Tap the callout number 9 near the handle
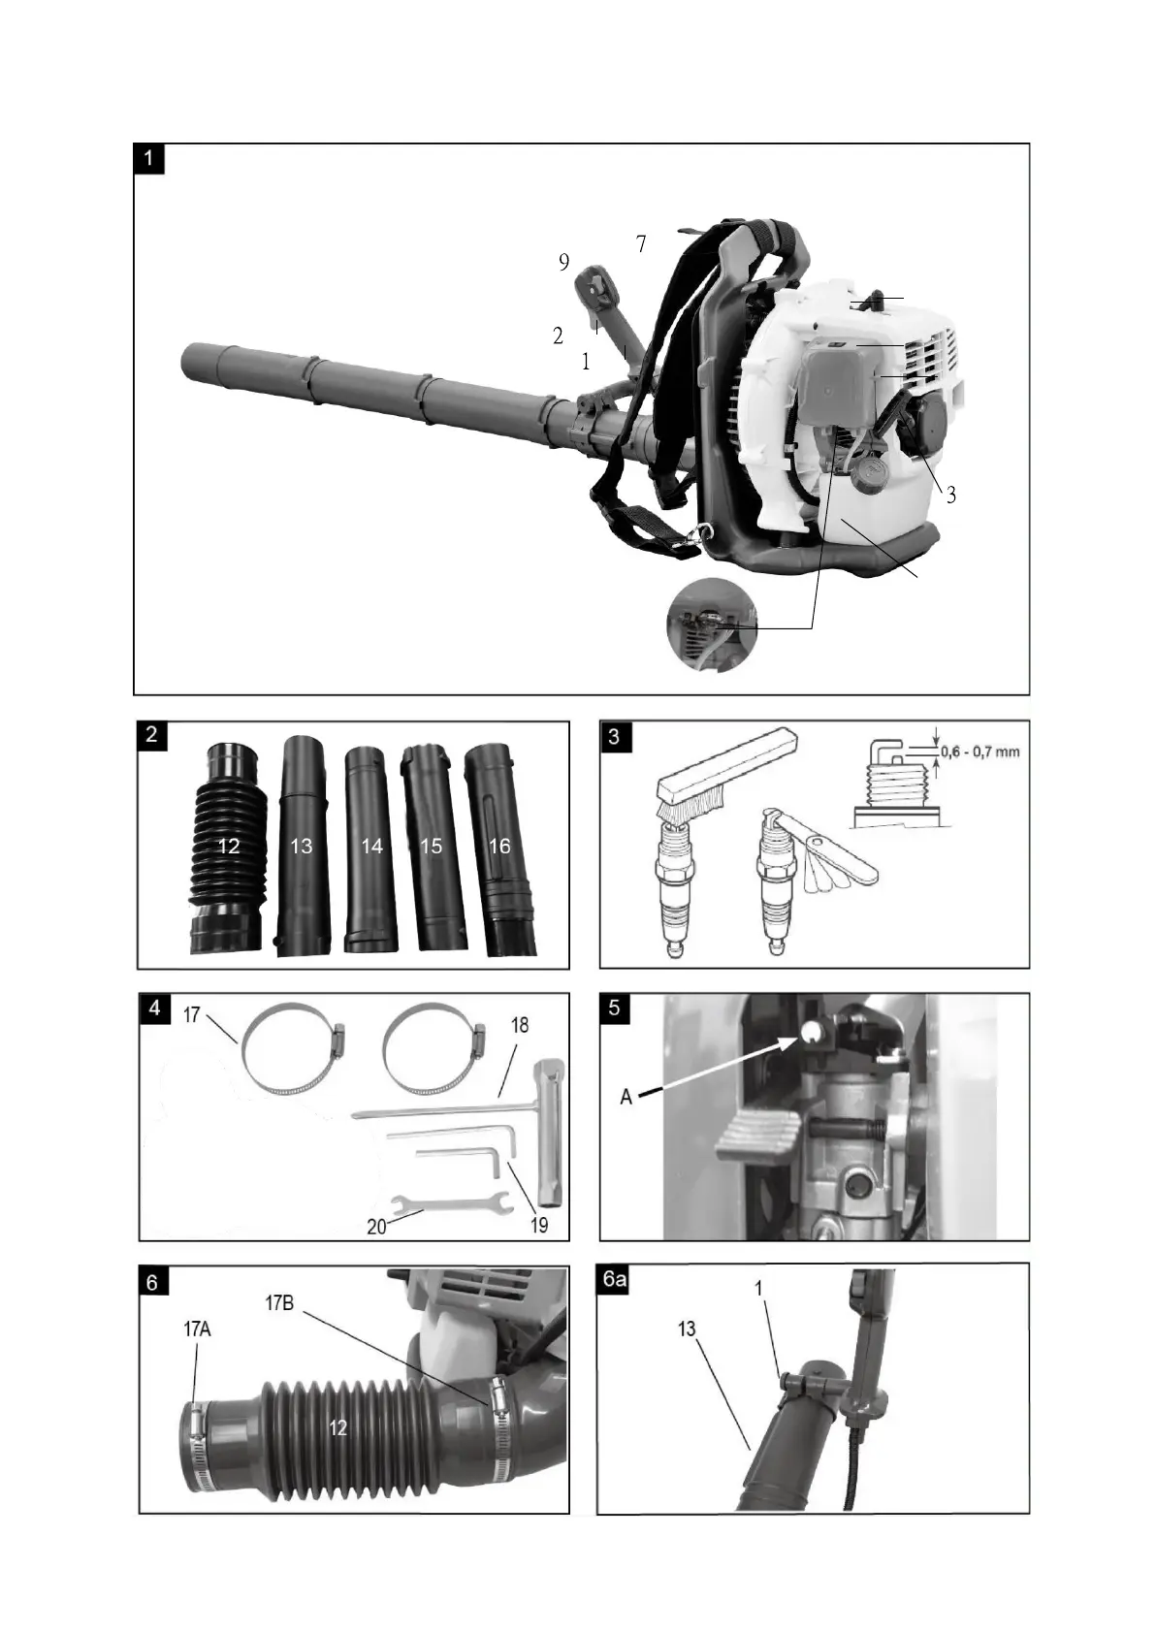click(x=563, y=262)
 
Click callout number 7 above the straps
click(x=641, y=244)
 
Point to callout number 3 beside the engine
click(x=951, y=495)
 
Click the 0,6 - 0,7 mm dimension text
click(x=980, y=752)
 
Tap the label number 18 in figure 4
click(x=520, y=1025)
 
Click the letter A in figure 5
click(x=626, y=1097)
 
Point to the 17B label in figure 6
click(x=279, y=1303)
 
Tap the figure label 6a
click(x=615, y=1280)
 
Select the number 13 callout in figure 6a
click(x=687, y=1329)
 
